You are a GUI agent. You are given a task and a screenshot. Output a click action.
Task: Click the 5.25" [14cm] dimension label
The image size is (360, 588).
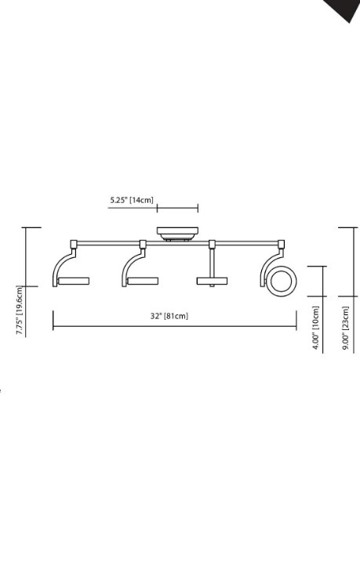132,201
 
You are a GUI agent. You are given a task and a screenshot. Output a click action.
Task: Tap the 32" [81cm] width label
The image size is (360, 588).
169,315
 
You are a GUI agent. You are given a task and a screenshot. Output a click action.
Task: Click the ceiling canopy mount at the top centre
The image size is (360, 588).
176,233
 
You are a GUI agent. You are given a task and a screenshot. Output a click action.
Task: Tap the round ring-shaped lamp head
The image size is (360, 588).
280,281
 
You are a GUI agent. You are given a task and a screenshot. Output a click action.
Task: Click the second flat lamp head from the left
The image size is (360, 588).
144,281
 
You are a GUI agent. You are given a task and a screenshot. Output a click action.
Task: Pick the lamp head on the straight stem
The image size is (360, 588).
212,281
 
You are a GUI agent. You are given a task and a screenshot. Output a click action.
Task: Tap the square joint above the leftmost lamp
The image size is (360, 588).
73,243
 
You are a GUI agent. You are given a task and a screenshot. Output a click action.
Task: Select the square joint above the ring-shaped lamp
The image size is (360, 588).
280,243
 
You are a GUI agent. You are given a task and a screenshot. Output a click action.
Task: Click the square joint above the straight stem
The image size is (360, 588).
212,243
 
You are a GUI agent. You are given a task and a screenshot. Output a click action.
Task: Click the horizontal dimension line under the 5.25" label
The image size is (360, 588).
177,209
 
